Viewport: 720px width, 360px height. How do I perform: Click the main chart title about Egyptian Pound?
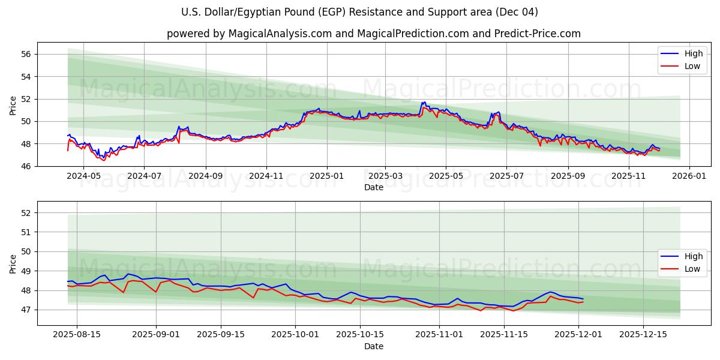coord(359,12)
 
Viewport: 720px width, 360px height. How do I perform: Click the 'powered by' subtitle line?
coord(373,34)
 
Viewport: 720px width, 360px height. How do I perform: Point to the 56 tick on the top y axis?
coord(26,54)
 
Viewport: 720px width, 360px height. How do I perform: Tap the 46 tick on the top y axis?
coord(26,166)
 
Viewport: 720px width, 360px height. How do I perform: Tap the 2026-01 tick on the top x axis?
coord(689,176)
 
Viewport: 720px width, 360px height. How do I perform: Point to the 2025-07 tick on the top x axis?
coord(506,176)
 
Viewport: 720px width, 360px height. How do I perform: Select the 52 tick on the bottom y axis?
coord(26,213)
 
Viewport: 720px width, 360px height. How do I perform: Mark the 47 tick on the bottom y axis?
coord(26,310)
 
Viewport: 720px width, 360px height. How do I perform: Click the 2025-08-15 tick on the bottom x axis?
coord(77,335)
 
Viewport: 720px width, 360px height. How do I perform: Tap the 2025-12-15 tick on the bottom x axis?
coord(643,335)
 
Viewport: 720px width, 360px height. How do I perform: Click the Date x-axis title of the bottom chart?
coord(373,346)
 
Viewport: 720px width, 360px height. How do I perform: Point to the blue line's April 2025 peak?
coord(424,103)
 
